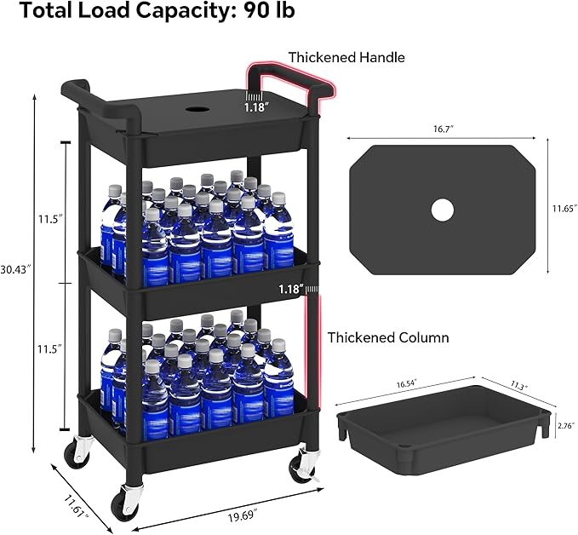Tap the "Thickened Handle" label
pos(346,57)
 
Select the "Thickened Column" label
pos(388,337)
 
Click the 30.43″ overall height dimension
pos(16,268)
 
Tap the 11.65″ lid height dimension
pos(564,207)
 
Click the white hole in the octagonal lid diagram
pos(442,209)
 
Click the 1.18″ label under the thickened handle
pos(255,107)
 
